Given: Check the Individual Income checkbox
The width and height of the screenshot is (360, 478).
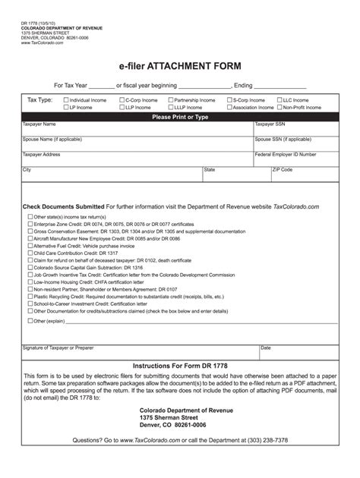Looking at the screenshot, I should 66,100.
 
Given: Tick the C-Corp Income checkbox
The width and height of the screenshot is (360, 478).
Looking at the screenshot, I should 122,100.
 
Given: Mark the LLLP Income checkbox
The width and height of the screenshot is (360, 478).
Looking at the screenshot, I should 170,108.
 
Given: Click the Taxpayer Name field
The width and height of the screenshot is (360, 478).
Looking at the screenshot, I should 137,131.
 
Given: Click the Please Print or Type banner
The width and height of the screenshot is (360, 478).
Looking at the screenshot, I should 180,117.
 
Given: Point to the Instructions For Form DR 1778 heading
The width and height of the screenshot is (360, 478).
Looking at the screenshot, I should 180,366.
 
